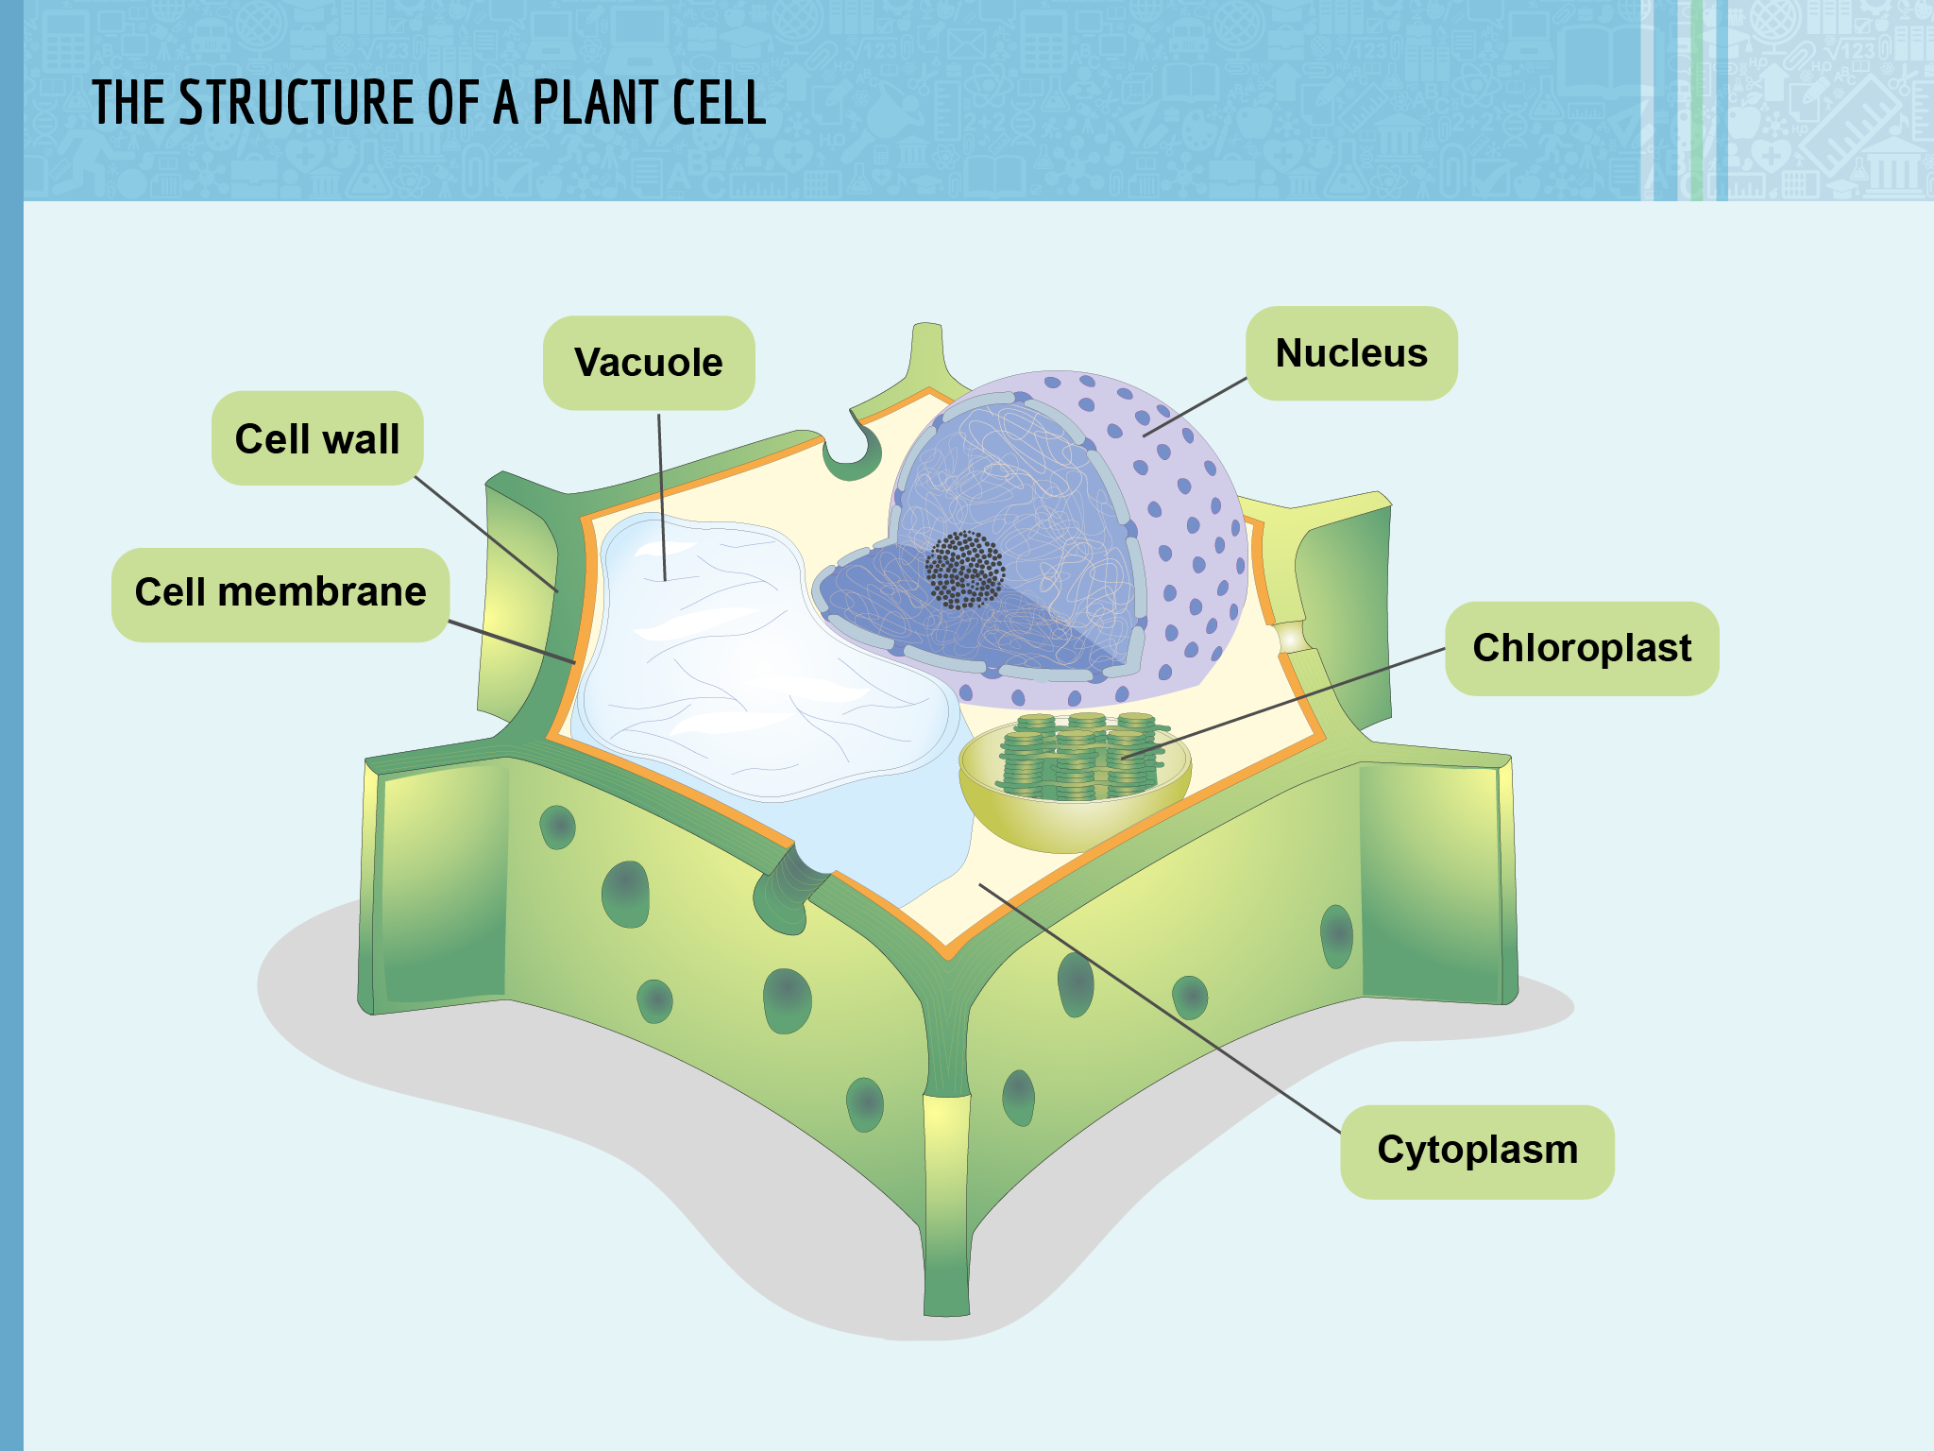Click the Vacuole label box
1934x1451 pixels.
649,363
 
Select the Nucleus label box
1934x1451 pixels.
1351,353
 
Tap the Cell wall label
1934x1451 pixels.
317,438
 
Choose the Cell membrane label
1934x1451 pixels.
280,592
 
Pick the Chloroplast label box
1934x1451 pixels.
1582,649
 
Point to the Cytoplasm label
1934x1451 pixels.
1477,1151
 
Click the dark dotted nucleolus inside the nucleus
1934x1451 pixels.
964,570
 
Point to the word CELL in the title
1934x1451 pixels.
719,103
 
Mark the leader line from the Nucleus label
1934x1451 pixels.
1195,407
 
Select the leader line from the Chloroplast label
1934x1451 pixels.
1284,703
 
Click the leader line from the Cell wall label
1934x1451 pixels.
486,534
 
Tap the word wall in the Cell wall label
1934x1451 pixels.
361,438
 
